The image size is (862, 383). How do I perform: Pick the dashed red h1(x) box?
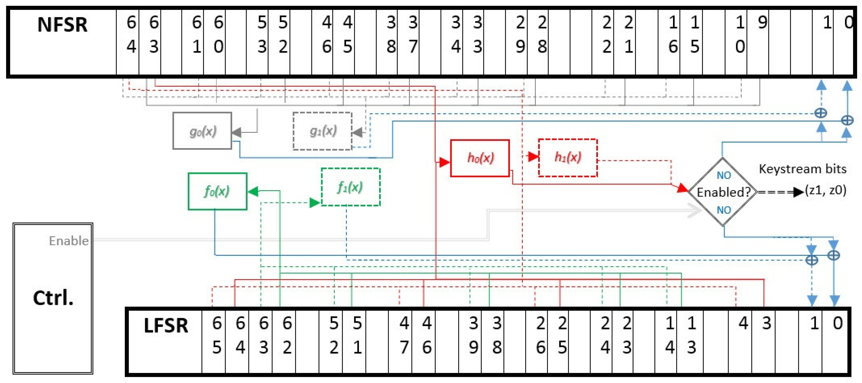coord(568,157)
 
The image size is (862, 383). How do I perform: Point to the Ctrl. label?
coord(53,297)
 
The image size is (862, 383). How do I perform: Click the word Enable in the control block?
coord(69,241)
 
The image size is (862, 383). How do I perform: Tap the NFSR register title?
coord(62,25)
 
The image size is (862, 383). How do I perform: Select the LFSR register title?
coord(166,325)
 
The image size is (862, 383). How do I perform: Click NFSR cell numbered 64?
coord(131,35)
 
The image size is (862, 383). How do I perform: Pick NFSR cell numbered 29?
coord(520,35)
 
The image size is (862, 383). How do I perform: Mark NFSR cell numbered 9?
coord(762,23)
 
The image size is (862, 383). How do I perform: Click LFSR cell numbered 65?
coord(216,335)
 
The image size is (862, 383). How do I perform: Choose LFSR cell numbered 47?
coord(404,335)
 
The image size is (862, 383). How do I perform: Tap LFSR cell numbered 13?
coord(691,335)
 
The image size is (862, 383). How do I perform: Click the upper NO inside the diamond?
coord(723,175)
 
